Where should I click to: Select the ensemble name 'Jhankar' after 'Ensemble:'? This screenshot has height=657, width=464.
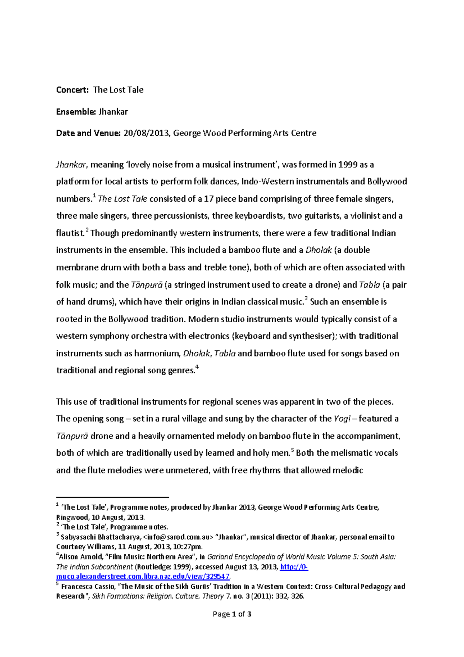[x=113, y=112]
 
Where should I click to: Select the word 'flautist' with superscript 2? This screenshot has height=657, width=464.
[x=70, y=233]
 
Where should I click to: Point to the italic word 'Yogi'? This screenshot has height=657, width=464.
[x=342, y=419]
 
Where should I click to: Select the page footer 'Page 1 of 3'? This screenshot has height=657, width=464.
[x=232, y=614]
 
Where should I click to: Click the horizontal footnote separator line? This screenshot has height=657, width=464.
[x=113, y=497]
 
